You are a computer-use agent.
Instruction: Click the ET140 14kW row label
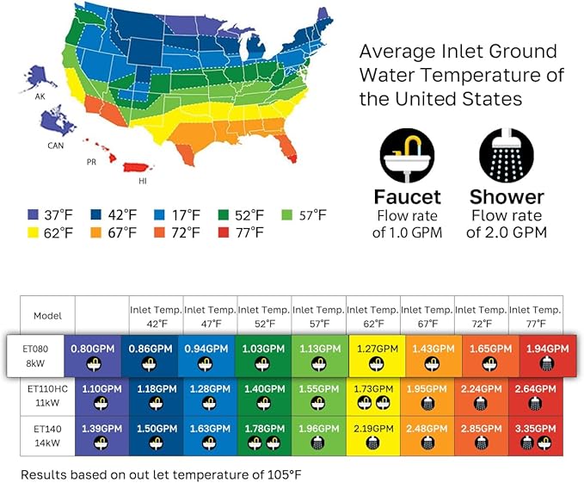pos(46,434)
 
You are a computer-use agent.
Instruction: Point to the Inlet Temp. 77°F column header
pos(536,316)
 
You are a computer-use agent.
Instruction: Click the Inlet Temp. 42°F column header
pos(156,316)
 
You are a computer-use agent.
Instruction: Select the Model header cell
pos(46,316)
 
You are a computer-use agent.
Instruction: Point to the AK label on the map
pos(40,96)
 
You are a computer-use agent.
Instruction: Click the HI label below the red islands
pos(143,183)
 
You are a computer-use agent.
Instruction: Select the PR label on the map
pos(90,161)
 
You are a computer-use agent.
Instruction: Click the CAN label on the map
pos(55,146)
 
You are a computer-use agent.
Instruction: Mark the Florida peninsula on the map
pos(288,152)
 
